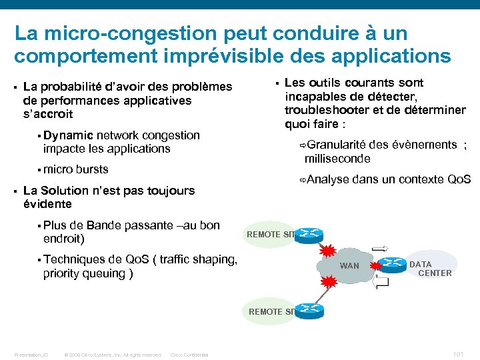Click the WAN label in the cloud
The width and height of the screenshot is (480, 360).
349,266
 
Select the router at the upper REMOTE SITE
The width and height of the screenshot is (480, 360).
309,234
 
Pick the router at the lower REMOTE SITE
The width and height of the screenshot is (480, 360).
309,309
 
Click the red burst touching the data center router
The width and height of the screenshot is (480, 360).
375,267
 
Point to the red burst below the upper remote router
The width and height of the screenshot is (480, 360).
328,251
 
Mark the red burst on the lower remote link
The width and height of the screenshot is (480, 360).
329,283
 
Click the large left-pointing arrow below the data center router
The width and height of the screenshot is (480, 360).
383,283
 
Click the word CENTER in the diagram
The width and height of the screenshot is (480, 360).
435,273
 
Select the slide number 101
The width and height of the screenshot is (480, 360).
457,354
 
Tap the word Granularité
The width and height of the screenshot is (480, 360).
337,145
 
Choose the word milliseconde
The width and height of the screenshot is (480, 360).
337,159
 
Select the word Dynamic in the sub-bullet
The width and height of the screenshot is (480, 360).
68,135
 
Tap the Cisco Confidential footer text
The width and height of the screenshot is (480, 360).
190,355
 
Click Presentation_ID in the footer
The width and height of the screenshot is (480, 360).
31,355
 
